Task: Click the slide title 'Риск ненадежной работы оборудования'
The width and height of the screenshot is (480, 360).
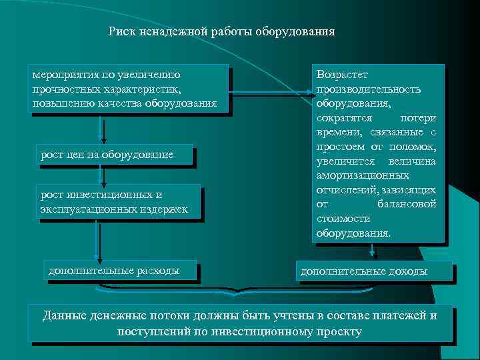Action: click(x=221, y=31)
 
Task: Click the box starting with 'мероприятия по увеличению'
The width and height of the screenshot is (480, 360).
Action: click(x=128, y=89)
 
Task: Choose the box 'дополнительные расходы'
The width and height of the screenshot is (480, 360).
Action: click(x=121, y=271)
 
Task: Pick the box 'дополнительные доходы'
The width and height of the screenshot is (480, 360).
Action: click(x=373, y=271)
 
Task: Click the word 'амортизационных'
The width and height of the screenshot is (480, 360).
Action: click(x=363, y=175)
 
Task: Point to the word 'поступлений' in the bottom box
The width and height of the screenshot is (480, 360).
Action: click(x=150, y=331)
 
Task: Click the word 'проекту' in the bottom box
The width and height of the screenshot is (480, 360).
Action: click(x=339, y=331)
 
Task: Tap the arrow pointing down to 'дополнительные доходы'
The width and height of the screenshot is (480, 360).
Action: click(x=374, y=251)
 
